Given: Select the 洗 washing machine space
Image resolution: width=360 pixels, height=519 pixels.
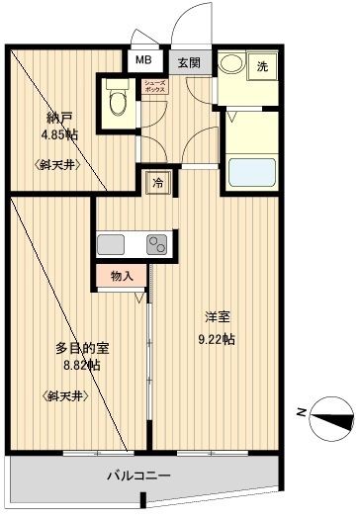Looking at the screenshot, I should pos(263,67).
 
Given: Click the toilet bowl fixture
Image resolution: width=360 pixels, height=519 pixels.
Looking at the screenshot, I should pos(118,98).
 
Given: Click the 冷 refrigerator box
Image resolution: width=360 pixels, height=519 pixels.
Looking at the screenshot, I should pos(156,181).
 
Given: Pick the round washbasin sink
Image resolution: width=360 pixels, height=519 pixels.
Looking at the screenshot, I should pos(230,66).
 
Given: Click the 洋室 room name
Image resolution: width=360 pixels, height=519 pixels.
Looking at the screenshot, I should pos(219,318).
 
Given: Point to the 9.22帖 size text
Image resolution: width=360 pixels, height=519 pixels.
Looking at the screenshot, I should pos(215,339).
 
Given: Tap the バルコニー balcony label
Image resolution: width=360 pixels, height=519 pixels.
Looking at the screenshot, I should pos(139,476).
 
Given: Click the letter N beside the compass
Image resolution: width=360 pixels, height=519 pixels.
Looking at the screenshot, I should pos(301,414).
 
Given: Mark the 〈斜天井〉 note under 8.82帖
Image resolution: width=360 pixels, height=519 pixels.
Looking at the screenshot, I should pos(68,394).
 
